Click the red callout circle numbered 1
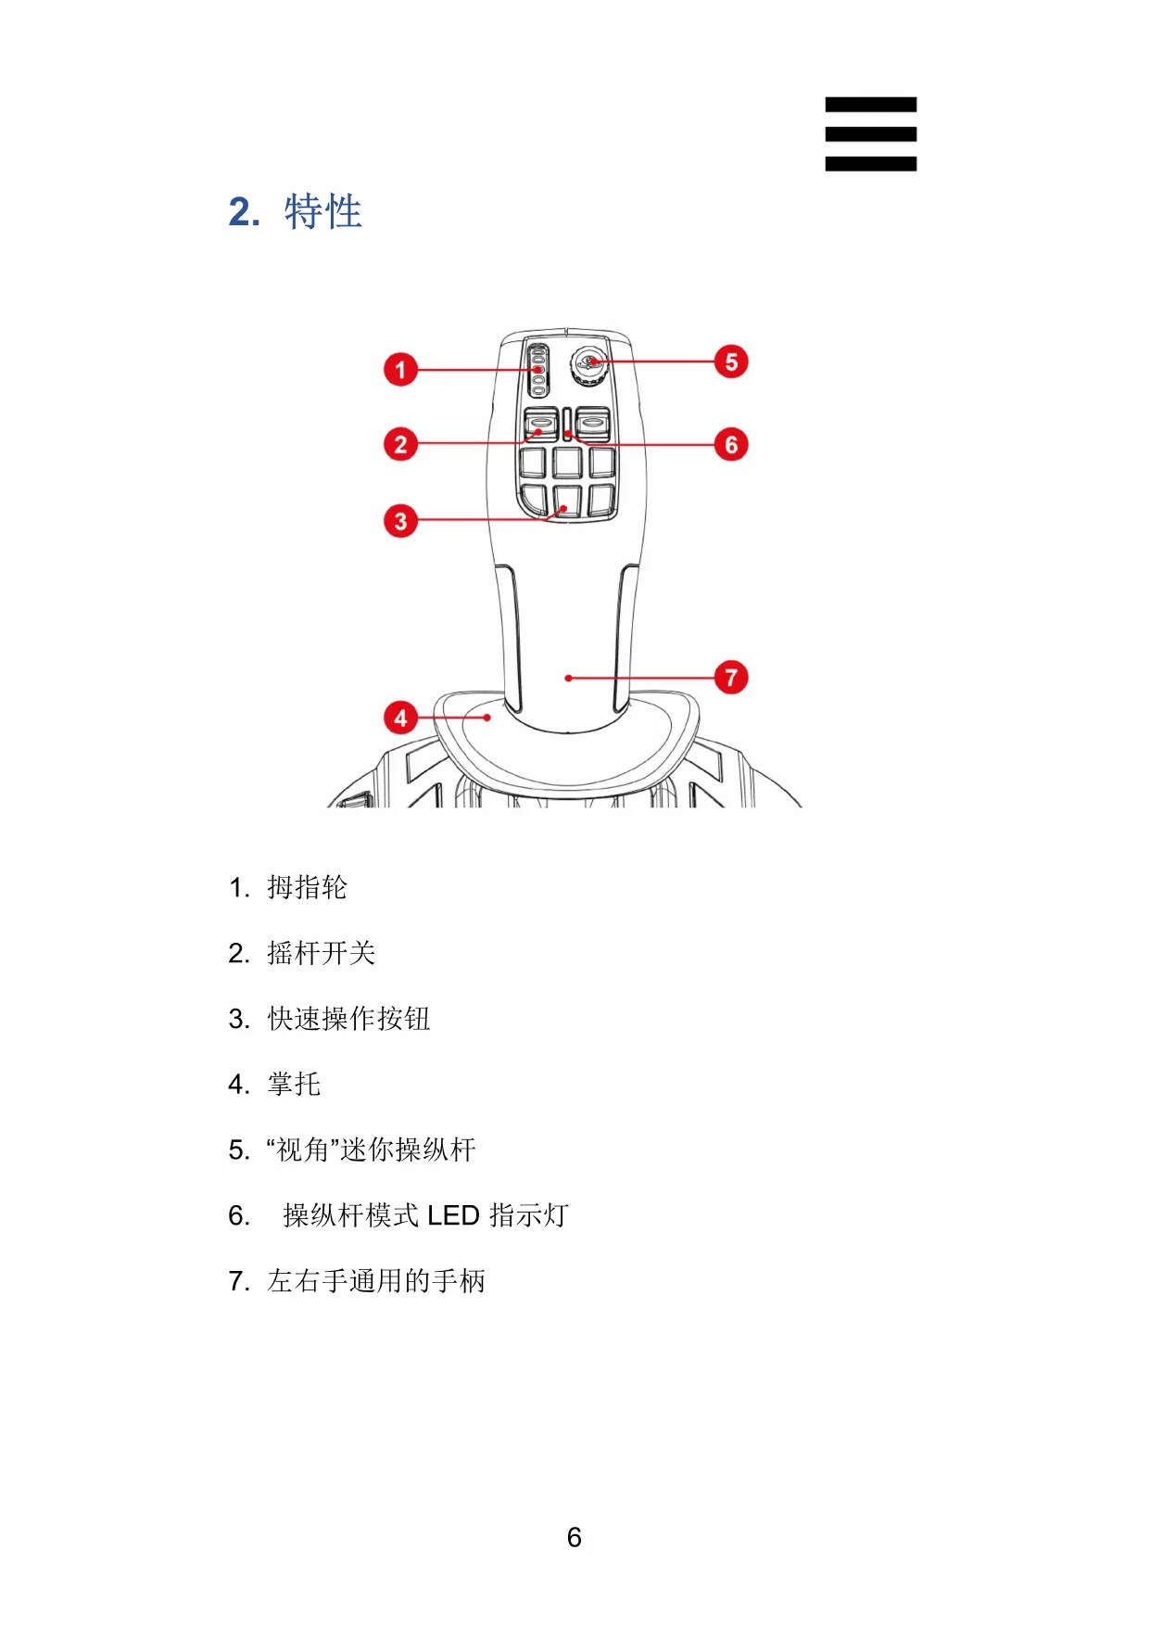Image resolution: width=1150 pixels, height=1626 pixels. [x=400, y=370]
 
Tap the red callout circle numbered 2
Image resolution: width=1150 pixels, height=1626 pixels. [x=400, y=444]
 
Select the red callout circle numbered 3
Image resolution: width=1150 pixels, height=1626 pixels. [x=400, y=521]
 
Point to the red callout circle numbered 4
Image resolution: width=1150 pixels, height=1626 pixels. [x=400, y=718]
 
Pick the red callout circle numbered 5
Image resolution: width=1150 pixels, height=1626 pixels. [x=731, y=362]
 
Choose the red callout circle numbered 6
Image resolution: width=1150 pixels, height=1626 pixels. [x=731, y=445]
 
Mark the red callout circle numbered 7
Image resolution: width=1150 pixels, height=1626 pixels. [x=731, y=678]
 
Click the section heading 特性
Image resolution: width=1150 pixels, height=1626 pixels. [x=322, y=212]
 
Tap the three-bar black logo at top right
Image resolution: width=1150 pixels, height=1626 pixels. [x=870, y=134]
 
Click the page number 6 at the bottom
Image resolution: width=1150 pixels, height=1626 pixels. [x=575, y=1538]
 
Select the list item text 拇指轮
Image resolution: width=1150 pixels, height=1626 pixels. [x=307, y=888]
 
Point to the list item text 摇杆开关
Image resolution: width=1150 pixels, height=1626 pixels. [x=321, y=954]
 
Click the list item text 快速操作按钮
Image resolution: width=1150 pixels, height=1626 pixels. [x=348, y=1020]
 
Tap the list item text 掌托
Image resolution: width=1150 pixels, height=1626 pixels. [x=294, y=1085]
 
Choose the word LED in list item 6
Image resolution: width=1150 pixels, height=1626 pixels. [x=452, y=1216]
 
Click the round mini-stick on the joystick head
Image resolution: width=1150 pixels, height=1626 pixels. [x=588, y=363]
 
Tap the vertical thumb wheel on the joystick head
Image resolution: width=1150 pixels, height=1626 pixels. [x=537, y=370]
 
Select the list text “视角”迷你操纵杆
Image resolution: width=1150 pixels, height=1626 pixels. [x=371, y=1150]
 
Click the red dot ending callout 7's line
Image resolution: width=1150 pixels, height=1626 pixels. [x=568, y=679]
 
